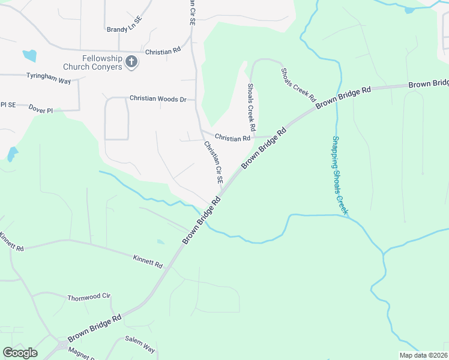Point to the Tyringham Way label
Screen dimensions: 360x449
pyautogui.click(x=49, y=77)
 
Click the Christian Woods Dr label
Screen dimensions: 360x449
pyautogui.click(x=158, y=98)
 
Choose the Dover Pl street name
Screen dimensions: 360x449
pyautogui.click(x=44, y=108)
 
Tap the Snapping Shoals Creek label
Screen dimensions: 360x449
pyautogui.click(x=340, y=176)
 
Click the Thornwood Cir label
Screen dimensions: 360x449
pyautogui.click(x=89, y=297)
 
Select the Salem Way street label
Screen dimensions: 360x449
pyautogui.click(x=140, y=349)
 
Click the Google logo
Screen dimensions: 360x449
pyautogui.click(x=20, y=353)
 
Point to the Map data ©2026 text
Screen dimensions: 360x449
pyautogui.click(x=424, y=355)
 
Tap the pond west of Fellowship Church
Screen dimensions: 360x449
pyautogui.click(x=29, y=56)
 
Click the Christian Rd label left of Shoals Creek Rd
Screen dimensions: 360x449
pyautogui.click(x=232, y=139)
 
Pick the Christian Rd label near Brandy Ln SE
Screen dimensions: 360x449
pyautogui.click(x=163, y=52)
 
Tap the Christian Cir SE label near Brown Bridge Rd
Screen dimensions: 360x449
pyautogui.click(x=213, y=162)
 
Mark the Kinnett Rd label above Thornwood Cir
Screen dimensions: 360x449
pyautogui.click(x=148, y=260)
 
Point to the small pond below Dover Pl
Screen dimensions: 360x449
pyautogui.click(x=12, y=154)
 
